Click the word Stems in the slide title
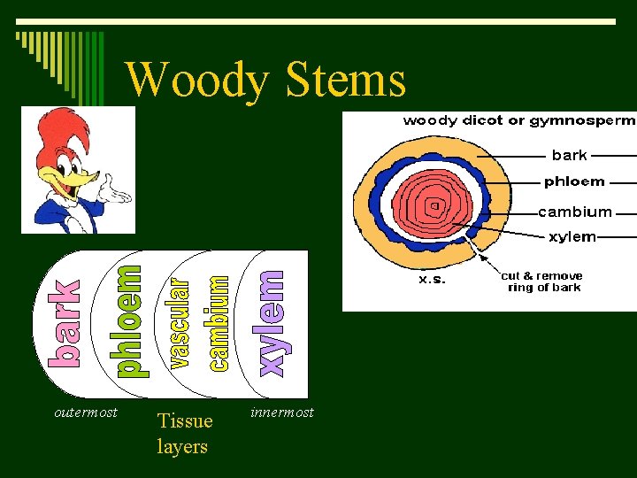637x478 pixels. (346, 80)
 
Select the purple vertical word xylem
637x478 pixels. (271, 324)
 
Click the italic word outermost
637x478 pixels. (86, 412)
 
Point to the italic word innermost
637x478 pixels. (282, 412)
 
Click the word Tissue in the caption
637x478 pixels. (185, 421)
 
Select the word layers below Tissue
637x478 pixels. (182, 446)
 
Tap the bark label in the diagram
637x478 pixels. (569, 155)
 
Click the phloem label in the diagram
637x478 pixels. (574, 181)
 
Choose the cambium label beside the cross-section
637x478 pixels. (575, 212)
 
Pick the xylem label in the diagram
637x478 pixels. (572, 237)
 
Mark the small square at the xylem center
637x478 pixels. (434, 206)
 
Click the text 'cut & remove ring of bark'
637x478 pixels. (542, 281)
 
